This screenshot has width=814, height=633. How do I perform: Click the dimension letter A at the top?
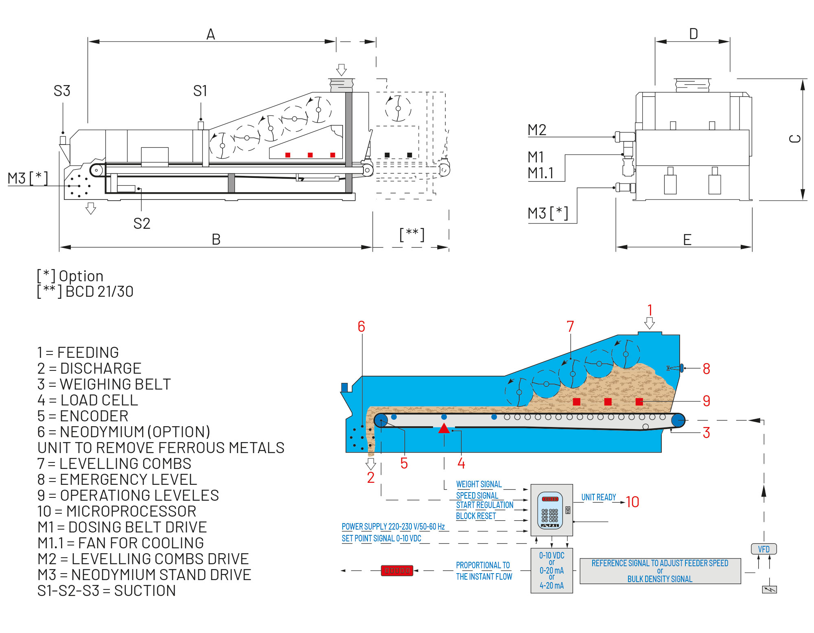click(210, 34)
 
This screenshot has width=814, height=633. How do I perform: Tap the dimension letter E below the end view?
click(687, 240)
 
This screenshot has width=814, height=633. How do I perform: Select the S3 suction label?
click(62, 91)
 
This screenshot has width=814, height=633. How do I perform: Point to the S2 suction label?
click(142, 223)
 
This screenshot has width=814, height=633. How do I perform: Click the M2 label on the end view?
click(537, 130)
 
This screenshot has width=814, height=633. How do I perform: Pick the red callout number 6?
click(361, 326)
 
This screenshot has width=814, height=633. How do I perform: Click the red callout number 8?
click(706, 369)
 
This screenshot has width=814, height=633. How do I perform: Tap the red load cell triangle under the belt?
click(444, 428)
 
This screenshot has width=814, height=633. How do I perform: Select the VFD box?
click(764, 549)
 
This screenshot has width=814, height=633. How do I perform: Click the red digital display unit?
click(397, 570)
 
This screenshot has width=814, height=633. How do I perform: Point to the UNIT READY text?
click(598, 497)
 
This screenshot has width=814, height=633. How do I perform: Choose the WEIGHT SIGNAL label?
click(479, 484)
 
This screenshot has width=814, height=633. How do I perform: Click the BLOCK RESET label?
click(476, 516)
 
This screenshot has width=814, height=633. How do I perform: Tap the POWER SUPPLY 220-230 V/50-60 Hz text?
click(393, 526)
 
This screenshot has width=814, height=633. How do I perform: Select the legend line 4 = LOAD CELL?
click(88, 400)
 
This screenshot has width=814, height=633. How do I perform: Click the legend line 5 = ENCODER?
click(83, 416)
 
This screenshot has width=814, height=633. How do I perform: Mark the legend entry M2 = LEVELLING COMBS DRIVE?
click(143, 559)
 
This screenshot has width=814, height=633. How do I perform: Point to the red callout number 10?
click(632, 502)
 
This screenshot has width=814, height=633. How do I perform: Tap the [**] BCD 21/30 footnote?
click(85, 291)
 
